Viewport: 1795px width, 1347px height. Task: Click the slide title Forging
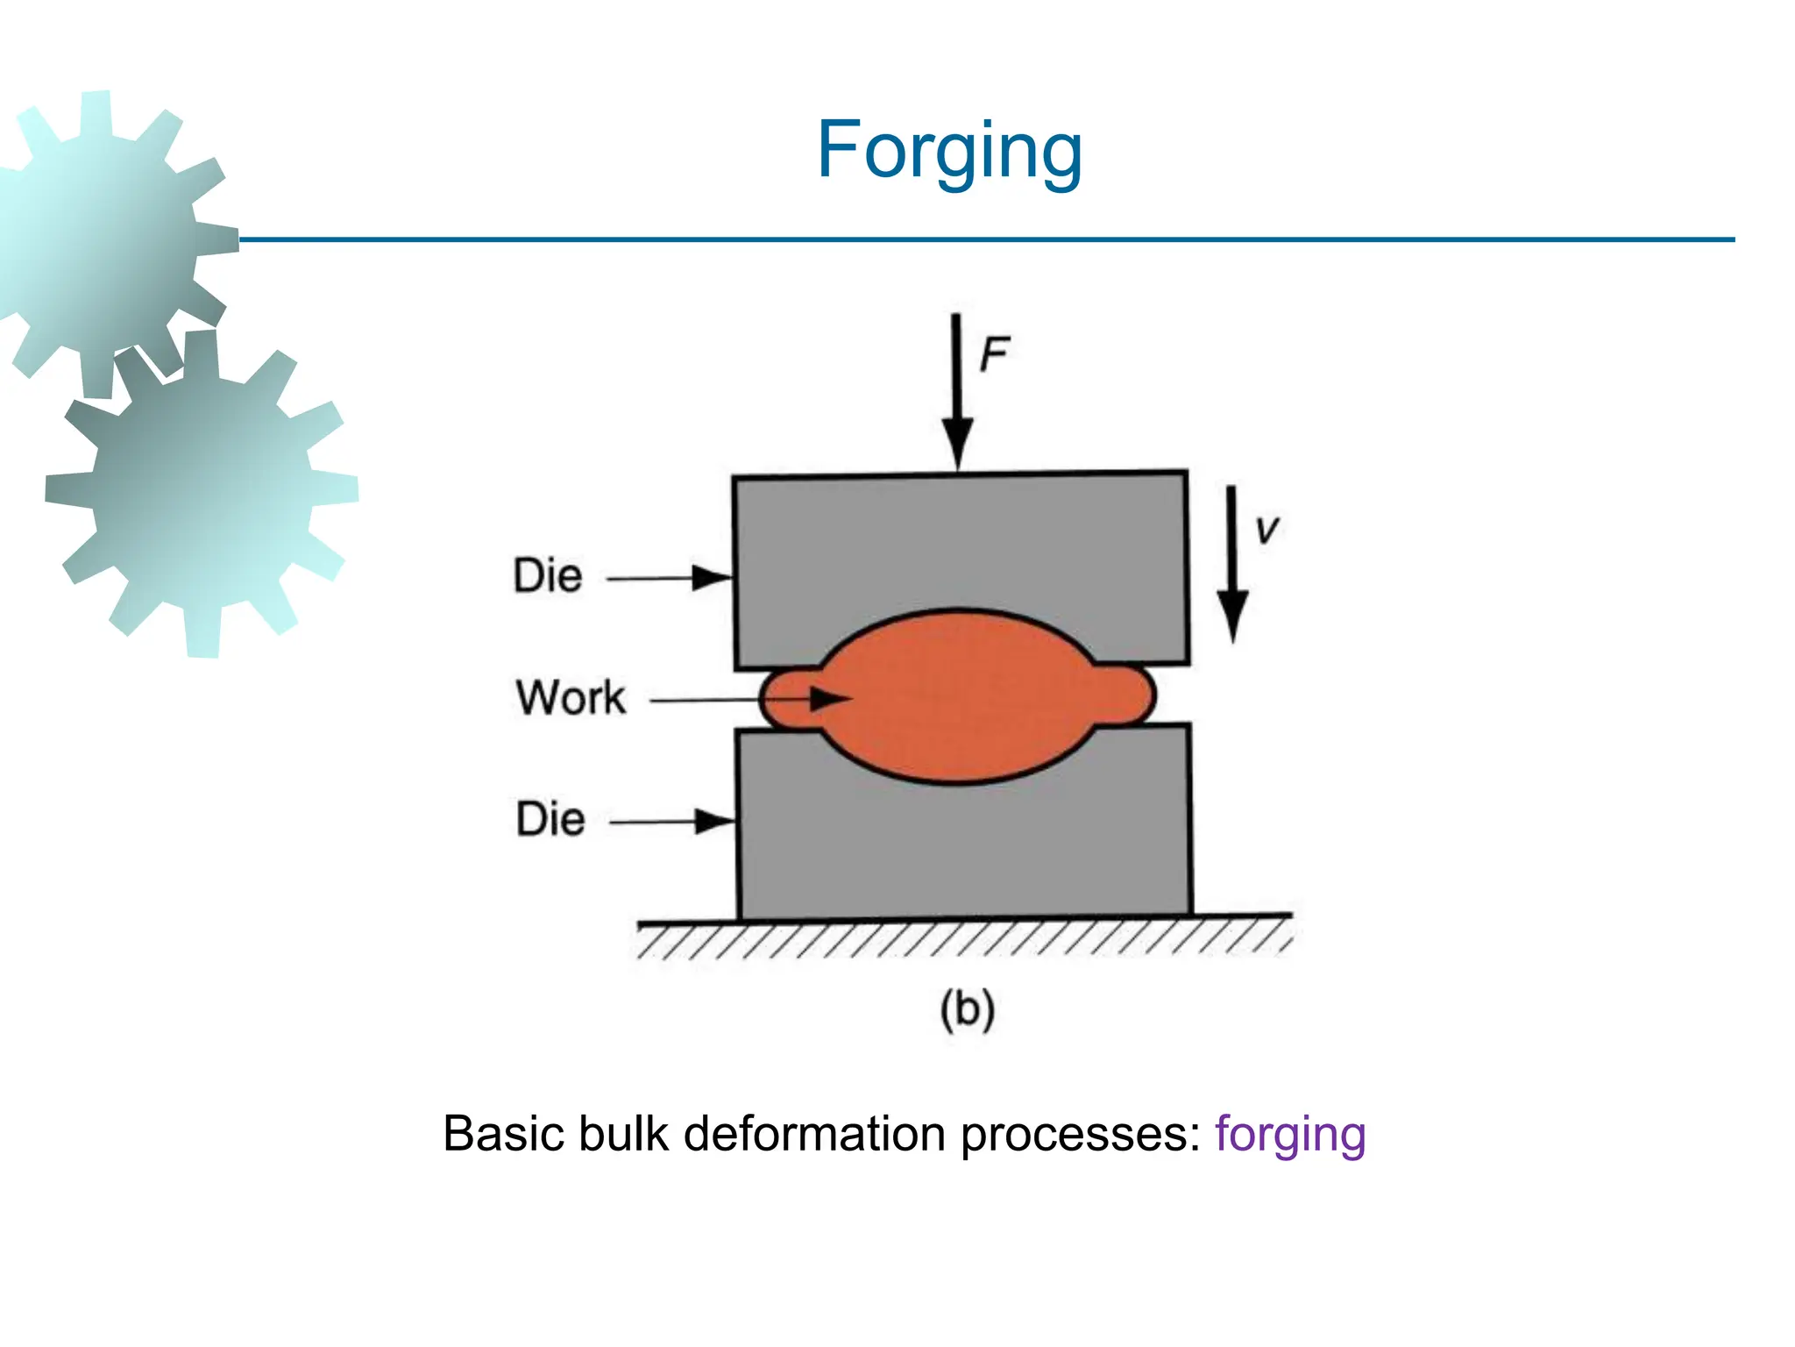coord(949,151)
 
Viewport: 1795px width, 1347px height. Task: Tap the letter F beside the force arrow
coord(994,354)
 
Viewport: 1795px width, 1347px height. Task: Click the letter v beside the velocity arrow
coord(1266,530)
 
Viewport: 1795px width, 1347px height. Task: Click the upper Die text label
coord(548,576)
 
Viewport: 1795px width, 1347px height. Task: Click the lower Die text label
coord(550,819)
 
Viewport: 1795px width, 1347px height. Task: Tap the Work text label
coord(571,698)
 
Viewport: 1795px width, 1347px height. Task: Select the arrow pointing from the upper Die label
coord(670,578)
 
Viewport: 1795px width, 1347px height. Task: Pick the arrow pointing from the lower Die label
coord(672,822)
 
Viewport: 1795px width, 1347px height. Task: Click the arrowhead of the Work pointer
coord(829,699)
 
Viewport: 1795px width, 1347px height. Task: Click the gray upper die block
coord(961,544)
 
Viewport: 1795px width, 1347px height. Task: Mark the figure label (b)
coord(967,1009)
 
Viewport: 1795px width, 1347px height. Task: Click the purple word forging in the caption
coord(1289,1134)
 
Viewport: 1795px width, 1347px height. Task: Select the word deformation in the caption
coord(814,1133)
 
